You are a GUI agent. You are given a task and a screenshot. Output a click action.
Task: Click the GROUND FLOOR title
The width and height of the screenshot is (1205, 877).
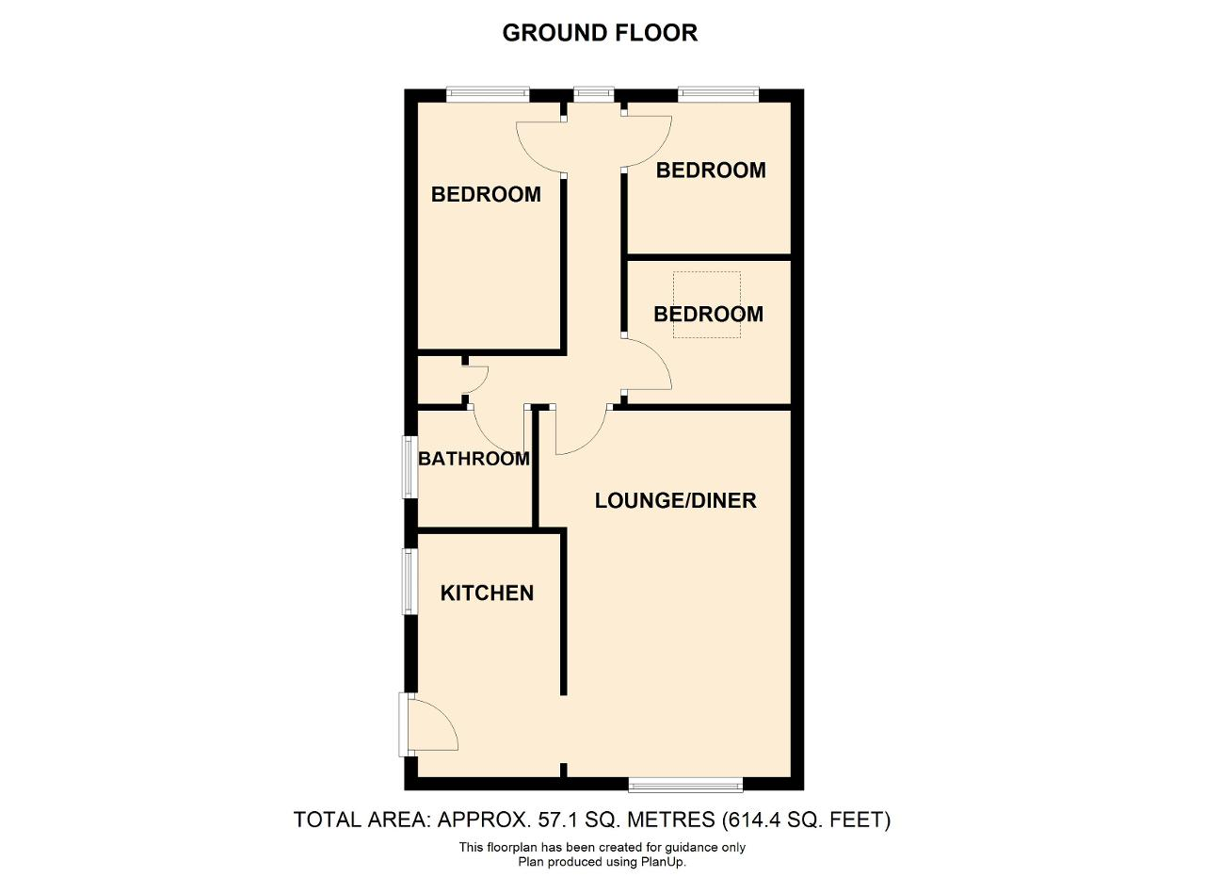click(x=600, y=33)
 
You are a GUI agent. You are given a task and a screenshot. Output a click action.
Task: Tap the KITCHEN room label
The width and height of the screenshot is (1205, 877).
click(x=487, y=593)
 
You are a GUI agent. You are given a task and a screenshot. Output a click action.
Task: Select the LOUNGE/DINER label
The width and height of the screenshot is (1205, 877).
click(x=675, y=501)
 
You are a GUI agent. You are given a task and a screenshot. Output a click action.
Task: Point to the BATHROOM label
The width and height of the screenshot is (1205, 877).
click(x=474, y=459)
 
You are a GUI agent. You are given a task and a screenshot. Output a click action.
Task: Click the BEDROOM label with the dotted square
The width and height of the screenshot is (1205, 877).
click(x=708, y=315)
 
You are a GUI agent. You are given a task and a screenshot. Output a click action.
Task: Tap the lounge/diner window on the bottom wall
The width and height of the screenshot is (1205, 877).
click(x=686, y=785)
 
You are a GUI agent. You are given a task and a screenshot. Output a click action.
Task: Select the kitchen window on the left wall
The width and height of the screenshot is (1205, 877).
click(x=410, y=581)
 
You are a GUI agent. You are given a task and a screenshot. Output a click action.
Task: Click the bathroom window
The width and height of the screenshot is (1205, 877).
click(x=410, y=467)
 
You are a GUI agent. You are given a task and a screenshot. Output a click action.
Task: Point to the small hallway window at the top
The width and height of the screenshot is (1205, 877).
click(x=594, y=95)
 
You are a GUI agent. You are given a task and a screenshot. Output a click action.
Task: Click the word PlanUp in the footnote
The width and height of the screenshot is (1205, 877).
click(x=662, y=862)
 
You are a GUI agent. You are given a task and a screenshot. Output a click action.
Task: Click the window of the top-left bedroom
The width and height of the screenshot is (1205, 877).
click(x=488, y=95)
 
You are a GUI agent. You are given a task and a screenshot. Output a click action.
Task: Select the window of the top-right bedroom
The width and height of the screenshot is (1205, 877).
click(x=718, y=95)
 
